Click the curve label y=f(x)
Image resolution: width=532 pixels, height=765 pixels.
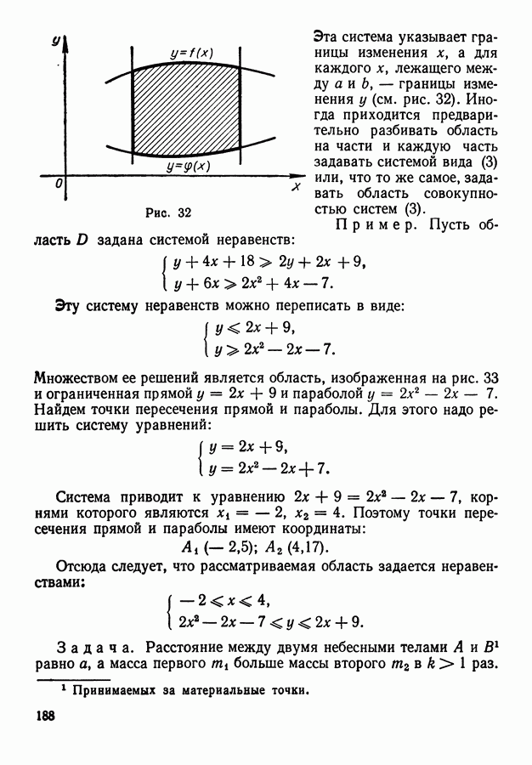click(x=191, y=53)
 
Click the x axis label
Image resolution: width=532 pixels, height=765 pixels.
click(x=295, y=185)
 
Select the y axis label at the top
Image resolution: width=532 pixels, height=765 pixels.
click(x=54, y=40)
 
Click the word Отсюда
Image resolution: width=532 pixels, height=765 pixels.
click(x=83, y=567)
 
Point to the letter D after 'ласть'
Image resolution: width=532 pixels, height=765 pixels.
click(x=82, y=241)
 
